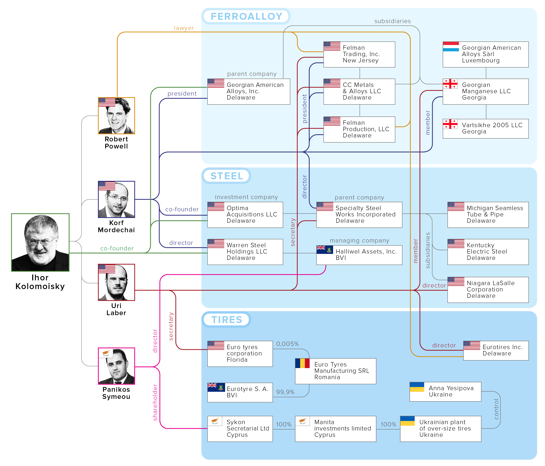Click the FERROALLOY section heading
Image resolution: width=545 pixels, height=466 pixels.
pos(246,16)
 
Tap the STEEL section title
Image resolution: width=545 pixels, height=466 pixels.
pos(226,176)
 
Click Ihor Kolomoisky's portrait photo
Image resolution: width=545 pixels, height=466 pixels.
pos(40,242)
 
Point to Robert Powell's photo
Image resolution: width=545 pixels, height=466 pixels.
pos(117,116)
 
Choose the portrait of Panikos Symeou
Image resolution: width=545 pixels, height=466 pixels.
pos(117,366)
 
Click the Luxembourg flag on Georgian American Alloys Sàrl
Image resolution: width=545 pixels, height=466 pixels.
pos(451,47)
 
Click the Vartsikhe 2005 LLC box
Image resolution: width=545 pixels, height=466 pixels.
pos(486,129)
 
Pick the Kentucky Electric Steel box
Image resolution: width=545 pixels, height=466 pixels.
pos(488,252)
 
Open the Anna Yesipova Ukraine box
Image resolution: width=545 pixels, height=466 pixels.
pos(445,392)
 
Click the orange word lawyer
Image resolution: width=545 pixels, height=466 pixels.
pos(184,28)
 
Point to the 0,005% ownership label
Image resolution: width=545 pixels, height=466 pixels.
pos(288,344)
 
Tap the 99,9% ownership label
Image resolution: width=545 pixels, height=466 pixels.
pos(285,392)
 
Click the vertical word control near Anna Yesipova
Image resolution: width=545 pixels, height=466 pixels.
pos(496,409)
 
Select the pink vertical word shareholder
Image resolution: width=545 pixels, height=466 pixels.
pos(155,402)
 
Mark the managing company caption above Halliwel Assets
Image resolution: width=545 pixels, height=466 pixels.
pos(359,241)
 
